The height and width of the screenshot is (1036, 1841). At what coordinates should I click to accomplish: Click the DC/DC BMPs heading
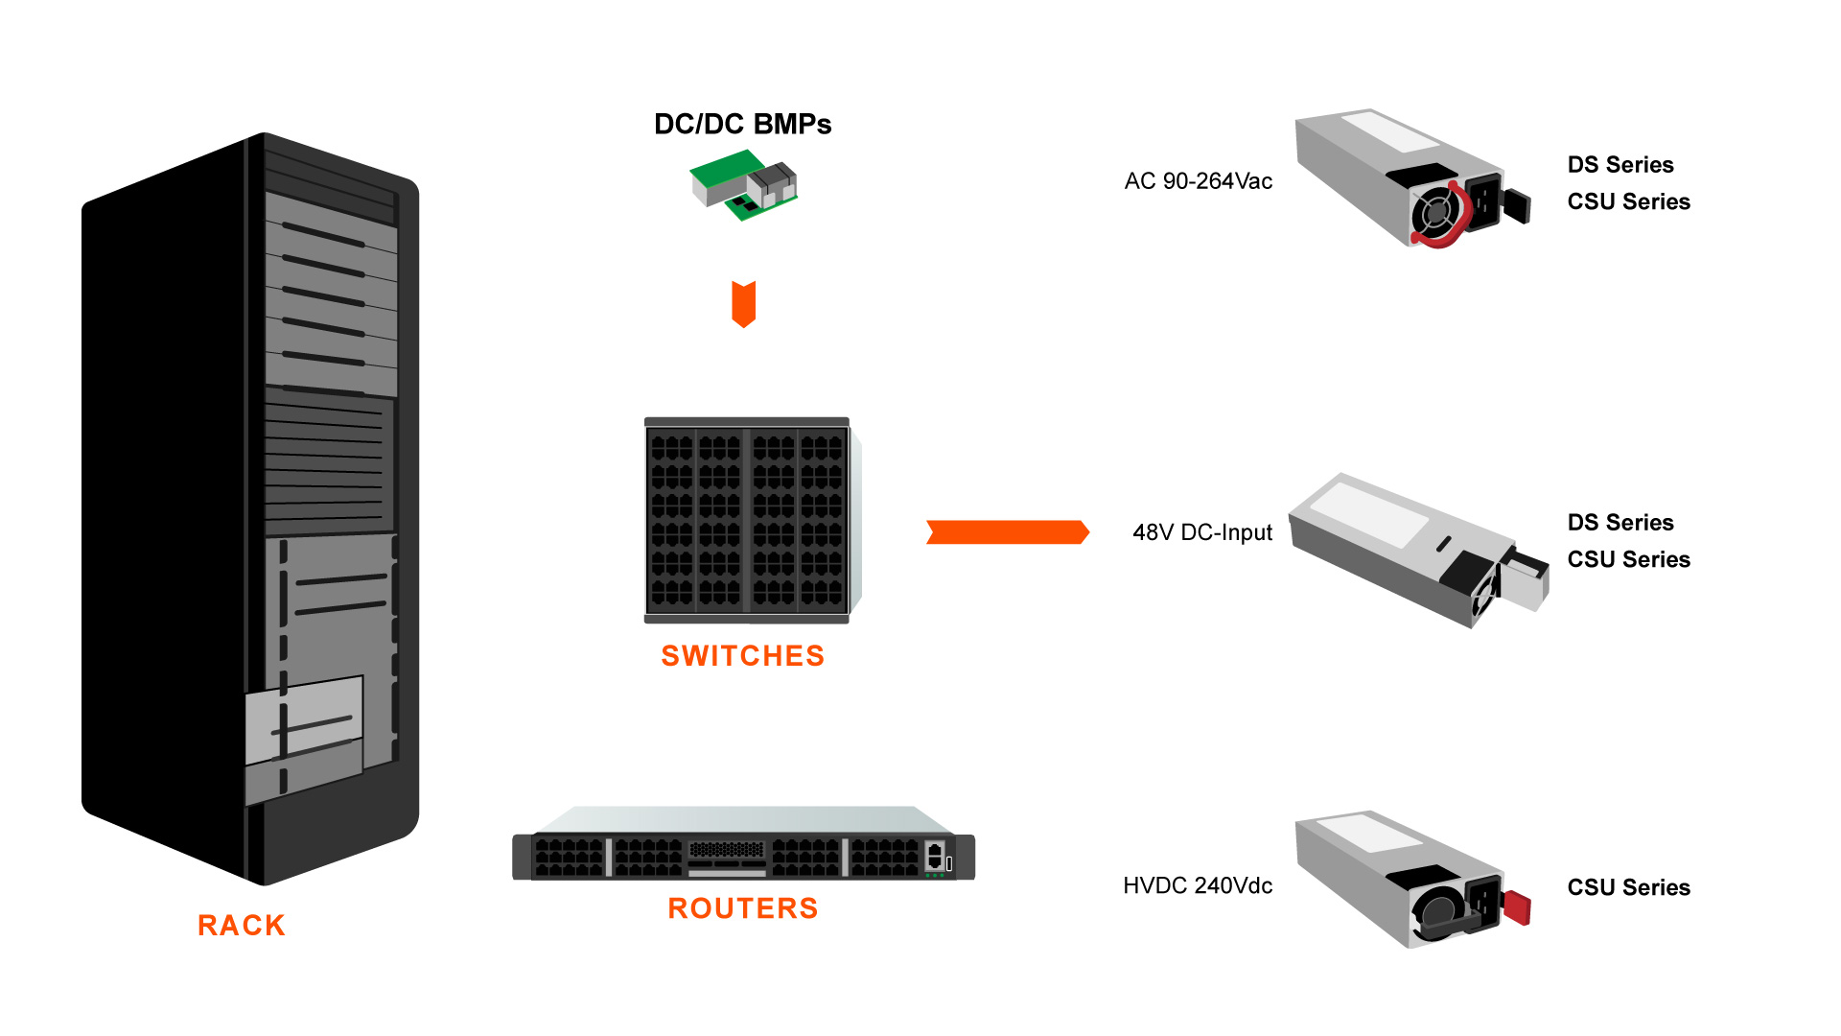click(x=742, y=125)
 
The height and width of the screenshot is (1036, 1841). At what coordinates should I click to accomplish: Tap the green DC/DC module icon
click(x=743, y=184)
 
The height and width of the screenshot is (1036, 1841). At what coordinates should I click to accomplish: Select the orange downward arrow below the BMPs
click(x=743, y=303)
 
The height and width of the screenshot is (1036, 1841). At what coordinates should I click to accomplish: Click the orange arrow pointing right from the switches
click(x=1007, y=532)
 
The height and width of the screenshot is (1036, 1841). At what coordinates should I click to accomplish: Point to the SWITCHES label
click(x=742, y=656)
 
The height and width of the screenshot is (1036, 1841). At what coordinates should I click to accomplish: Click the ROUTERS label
click(x=742, y=908)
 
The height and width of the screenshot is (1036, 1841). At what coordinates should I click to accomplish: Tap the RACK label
click(x=242, y=926)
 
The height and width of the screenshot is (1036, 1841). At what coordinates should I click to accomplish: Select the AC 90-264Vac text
click(x=1198, y=181)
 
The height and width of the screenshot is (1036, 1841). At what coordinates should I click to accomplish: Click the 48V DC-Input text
click(x=1201, y=532)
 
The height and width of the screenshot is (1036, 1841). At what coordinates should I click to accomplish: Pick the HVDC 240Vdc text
click(x=1198, y=885)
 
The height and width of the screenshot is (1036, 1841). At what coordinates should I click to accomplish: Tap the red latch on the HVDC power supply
click(x=1517, y=906)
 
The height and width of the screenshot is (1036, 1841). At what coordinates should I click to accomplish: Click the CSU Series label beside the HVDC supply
click(x=1628, y=887)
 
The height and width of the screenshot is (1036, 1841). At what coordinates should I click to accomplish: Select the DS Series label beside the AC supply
click(x=1620, y=165)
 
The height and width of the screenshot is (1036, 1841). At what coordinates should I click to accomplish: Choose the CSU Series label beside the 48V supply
click(x=1628, y=559)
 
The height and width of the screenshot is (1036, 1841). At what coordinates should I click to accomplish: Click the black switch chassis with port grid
click(x=747, y=520)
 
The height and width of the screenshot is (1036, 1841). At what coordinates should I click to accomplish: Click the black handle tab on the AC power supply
click(x=1516, y=205)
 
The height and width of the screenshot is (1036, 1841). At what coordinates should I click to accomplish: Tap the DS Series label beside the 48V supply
click(x=1620, y=523)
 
